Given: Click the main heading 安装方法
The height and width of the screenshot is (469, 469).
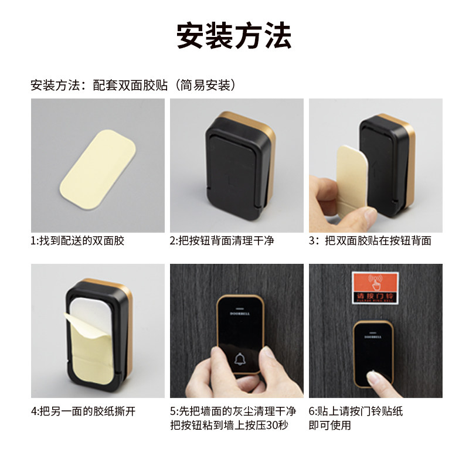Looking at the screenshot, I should [234, 36].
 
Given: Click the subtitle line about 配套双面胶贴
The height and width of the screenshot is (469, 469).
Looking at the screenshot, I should [134, 85].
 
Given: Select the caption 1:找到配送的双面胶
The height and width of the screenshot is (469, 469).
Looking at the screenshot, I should [78, 241].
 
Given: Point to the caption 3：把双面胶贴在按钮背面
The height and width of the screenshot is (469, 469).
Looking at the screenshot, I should [370, 241].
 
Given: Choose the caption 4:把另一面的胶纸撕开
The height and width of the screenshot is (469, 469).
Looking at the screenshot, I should [83, 412].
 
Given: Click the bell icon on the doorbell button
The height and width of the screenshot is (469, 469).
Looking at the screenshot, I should [240, 359].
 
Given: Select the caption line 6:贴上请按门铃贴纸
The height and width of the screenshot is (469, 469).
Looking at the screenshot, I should [356, 412].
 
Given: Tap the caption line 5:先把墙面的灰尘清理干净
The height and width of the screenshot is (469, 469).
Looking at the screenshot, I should [233, 412].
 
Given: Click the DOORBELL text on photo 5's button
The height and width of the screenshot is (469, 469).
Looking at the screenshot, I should [240, 312].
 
